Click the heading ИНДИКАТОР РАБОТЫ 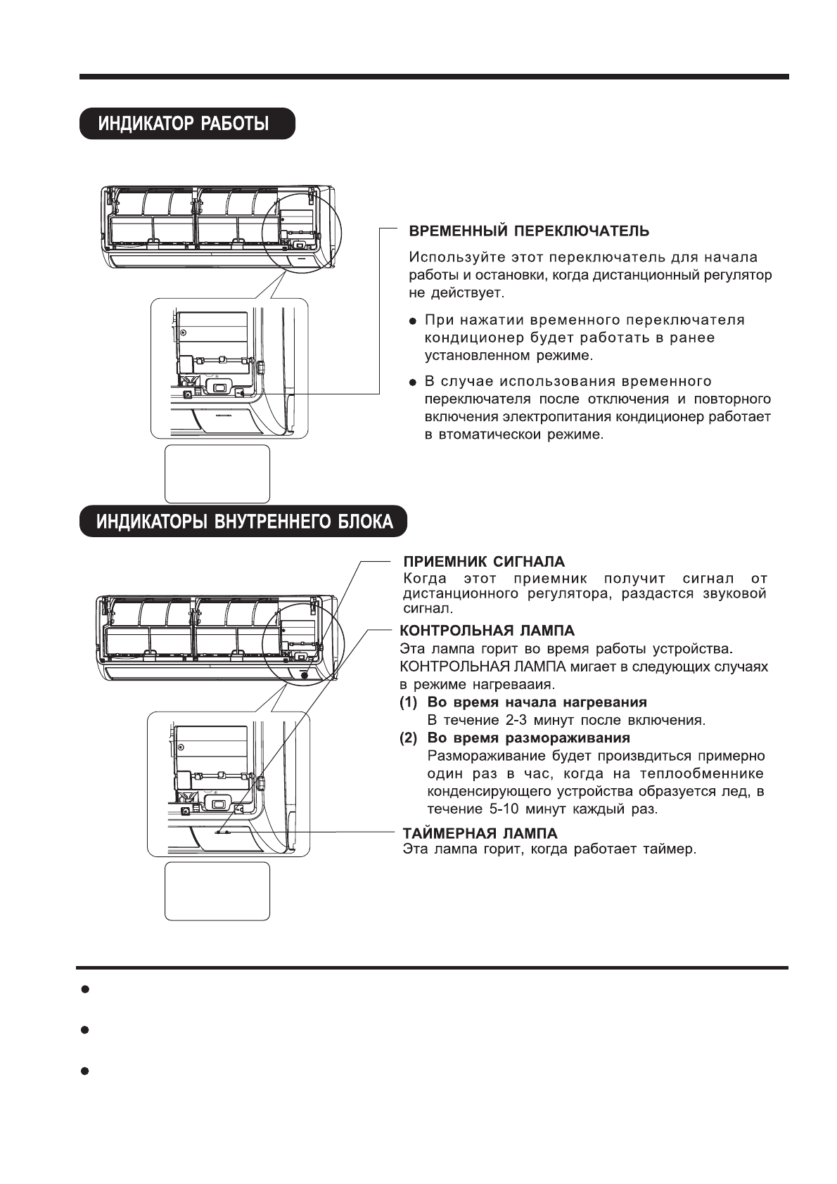pos(184,124)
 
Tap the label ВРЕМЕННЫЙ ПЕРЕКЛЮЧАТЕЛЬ pos(529,231)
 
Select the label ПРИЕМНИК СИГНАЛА pos(483,562)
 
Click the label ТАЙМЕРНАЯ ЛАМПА pos(480,833)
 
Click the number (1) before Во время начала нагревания pos(409,702)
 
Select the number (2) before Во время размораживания pos(409,738)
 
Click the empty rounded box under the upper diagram pos(217,473)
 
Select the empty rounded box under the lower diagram pos(217,890)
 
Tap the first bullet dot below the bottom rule pos(84,989)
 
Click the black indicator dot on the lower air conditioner pos(304,674)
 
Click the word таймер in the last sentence pos(672,849)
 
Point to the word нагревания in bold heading pos(610,702)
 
